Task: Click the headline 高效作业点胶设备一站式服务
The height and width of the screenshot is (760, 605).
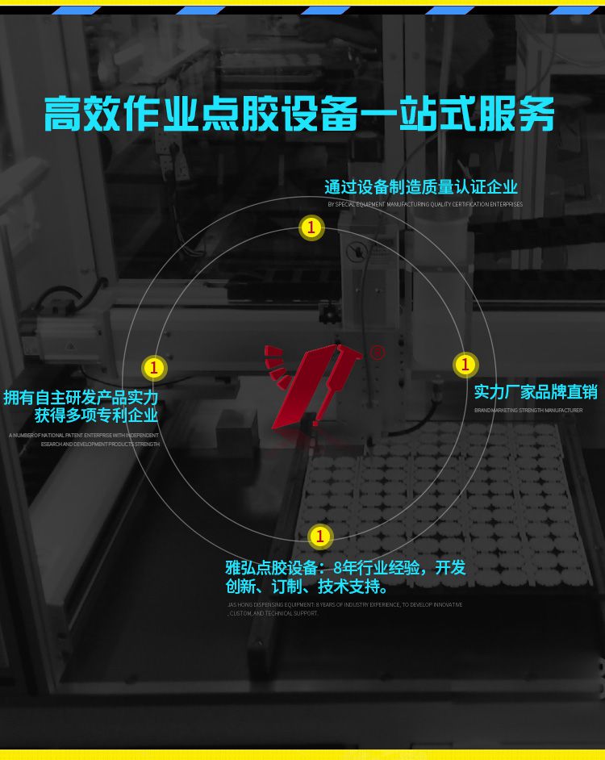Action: [300, 115]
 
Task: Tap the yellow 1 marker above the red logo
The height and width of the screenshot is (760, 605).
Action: [311, 228]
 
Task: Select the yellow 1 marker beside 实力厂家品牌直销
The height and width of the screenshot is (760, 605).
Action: [465, 365]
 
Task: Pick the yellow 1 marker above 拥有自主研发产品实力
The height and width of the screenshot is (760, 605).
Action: [153, 368]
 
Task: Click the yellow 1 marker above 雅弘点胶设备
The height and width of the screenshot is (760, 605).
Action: [320, 536]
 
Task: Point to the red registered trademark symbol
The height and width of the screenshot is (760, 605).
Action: [377, 353]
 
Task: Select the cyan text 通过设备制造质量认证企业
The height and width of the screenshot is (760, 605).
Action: [421, 187]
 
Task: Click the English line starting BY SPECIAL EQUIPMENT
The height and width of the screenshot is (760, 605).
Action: [425, 205]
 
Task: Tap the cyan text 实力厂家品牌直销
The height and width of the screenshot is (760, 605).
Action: [536, 392]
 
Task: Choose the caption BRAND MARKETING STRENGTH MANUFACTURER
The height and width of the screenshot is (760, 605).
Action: [528, 411]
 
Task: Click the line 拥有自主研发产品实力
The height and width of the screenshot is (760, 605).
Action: [81, 398]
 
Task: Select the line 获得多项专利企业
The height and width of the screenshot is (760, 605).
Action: [96, 416]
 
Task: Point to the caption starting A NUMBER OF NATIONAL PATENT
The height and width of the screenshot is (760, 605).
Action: [85, 436]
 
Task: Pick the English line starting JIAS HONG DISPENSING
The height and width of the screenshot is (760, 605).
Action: [345, 604]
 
